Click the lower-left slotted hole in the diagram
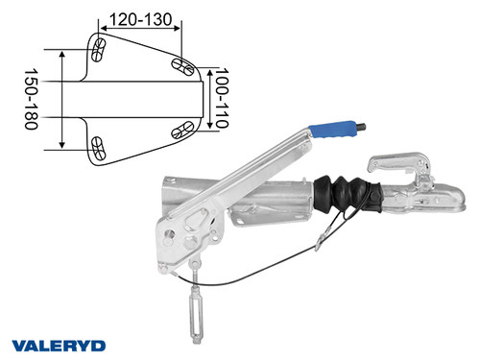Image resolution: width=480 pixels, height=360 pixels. [x=99, y=147]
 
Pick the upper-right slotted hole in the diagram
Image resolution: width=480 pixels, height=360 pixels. [x=180, y=65]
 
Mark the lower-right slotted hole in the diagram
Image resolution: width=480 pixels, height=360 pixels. [x=180, y=131]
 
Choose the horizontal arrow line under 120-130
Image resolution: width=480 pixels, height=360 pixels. [x=140, y=30]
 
